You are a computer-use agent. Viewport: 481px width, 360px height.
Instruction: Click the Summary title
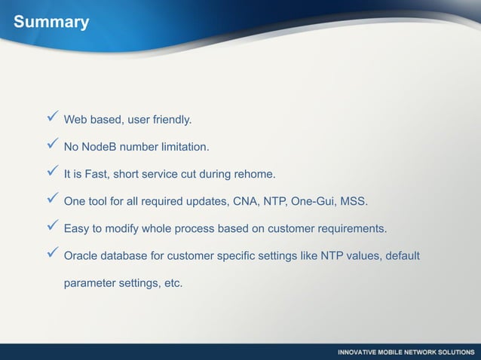(x=51, y=23)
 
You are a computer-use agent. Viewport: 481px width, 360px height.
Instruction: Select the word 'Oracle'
(x=82, y=256)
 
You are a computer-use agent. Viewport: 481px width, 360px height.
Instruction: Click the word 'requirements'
(x=351, y=229)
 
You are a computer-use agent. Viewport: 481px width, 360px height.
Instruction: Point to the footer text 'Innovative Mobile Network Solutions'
(x=405, y=352)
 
